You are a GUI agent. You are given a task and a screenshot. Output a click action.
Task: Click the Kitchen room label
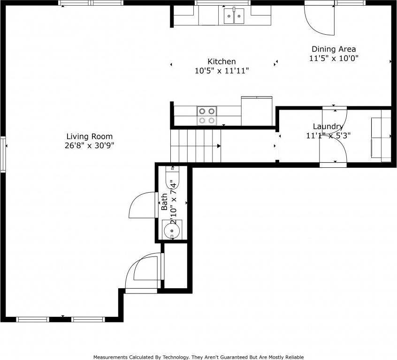click(x=221, y=61)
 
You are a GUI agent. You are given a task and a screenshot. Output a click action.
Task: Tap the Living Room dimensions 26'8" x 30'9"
click(x=89, y=145)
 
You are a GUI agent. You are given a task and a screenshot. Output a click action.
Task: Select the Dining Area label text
click(x=334, y=49)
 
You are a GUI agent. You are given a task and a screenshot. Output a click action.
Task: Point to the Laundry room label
click(x=328, y=127)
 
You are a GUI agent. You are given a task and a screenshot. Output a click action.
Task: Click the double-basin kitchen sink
click(x=234, y=16)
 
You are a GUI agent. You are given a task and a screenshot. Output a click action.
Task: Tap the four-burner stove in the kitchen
click(x=206, y=116)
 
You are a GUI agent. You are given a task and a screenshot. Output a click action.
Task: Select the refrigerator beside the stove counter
click(x=257, y=112)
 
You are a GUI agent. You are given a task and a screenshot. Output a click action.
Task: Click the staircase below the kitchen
click(x=195, y=146)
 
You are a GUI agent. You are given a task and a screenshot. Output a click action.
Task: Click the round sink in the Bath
click(x=172, y=231)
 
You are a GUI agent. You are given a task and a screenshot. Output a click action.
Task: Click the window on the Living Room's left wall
click(x=3, y=154)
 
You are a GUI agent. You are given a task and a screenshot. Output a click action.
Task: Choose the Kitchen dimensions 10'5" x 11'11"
click(x=221, y=71)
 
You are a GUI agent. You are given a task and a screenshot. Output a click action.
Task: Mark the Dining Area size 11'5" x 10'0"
click(x=334, y=59)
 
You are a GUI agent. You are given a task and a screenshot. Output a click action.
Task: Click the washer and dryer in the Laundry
click(x=381, y=139)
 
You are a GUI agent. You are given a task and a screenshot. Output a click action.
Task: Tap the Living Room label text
click(x=89, y=136)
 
